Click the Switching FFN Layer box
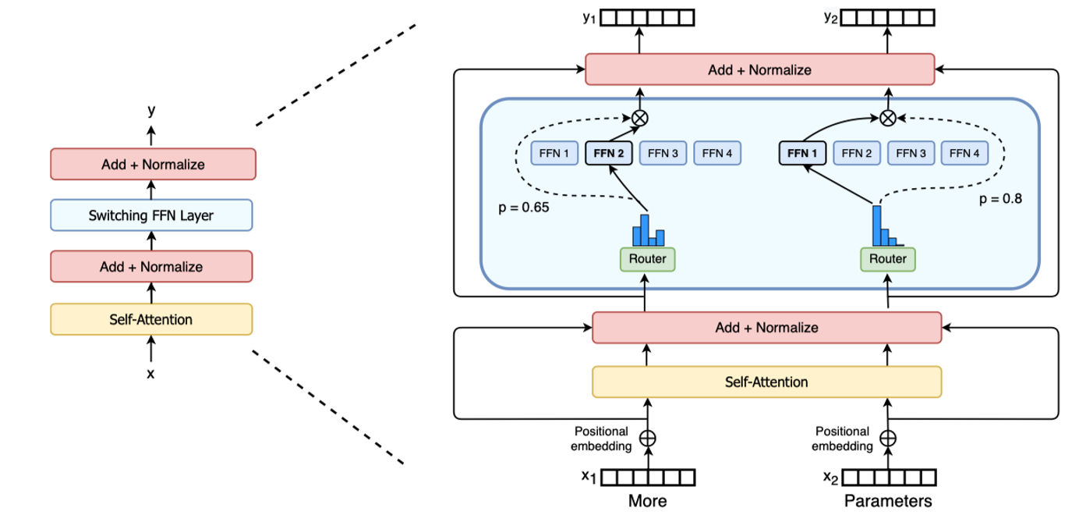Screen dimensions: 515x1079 click(x=151, y=215)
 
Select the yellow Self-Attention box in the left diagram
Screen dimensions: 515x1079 click(x=151, y=319)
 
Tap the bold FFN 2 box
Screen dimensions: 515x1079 click(x=608, y=154)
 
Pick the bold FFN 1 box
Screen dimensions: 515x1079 click(x=802, y=154)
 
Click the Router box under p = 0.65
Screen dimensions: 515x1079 click(x=647, y=259)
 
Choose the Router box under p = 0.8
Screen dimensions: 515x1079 click(x=888, y=259)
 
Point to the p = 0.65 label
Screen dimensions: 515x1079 click(x=522, y=208)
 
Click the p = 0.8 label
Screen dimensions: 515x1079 click(x=999, y=198)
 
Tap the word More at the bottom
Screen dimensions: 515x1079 click(x=648, y=501)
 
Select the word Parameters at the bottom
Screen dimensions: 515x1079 click(x=888, y=501)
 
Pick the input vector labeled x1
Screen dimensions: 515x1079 click(x=646, y=478)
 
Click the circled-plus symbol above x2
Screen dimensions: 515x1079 click(x=888, y=438)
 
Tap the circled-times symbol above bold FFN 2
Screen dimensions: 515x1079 click(x=639, y=118)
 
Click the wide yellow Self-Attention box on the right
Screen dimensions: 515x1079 click(x=767, y=382)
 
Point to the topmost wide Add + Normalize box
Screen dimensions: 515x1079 click(x=759, y=69)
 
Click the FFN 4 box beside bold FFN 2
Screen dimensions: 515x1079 click(x=717, y=154)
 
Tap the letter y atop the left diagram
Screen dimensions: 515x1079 click(x=151, y=111)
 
